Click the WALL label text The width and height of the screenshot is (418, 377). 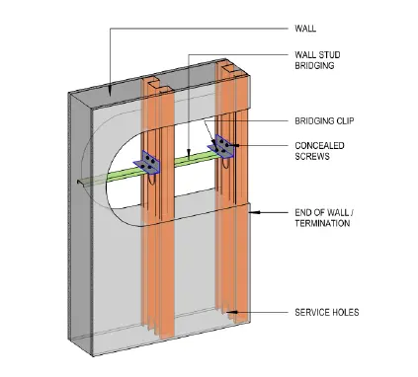coord(305,29)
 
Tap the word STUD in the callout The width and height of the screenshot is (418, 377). coord(330,54)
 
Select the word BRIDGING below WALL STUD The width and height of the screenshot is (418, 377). coord(314,65)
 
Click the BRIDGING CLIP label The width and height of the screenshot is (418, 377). coord(324,120)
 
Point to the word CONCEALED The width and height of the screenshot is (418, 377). coord(319,145)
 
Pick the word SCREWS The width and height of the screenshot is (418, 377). coord(312,156)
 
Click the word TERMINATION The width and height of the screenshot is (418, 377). coord(322,223)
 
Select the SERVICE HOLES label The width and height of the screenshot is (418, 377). coord(327,312)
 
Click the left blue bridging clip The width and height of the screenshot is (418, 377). coord(147,161)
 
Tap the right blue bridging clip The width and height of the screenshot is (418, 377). coord(221,145)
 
